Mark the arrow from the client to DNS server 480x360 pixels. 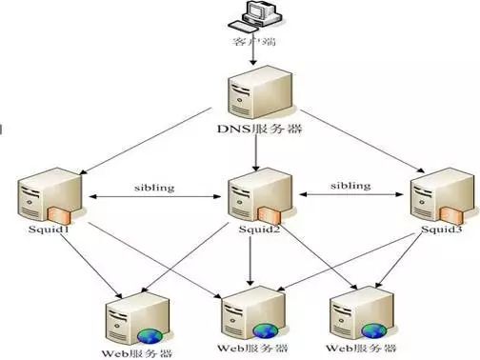253,57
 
